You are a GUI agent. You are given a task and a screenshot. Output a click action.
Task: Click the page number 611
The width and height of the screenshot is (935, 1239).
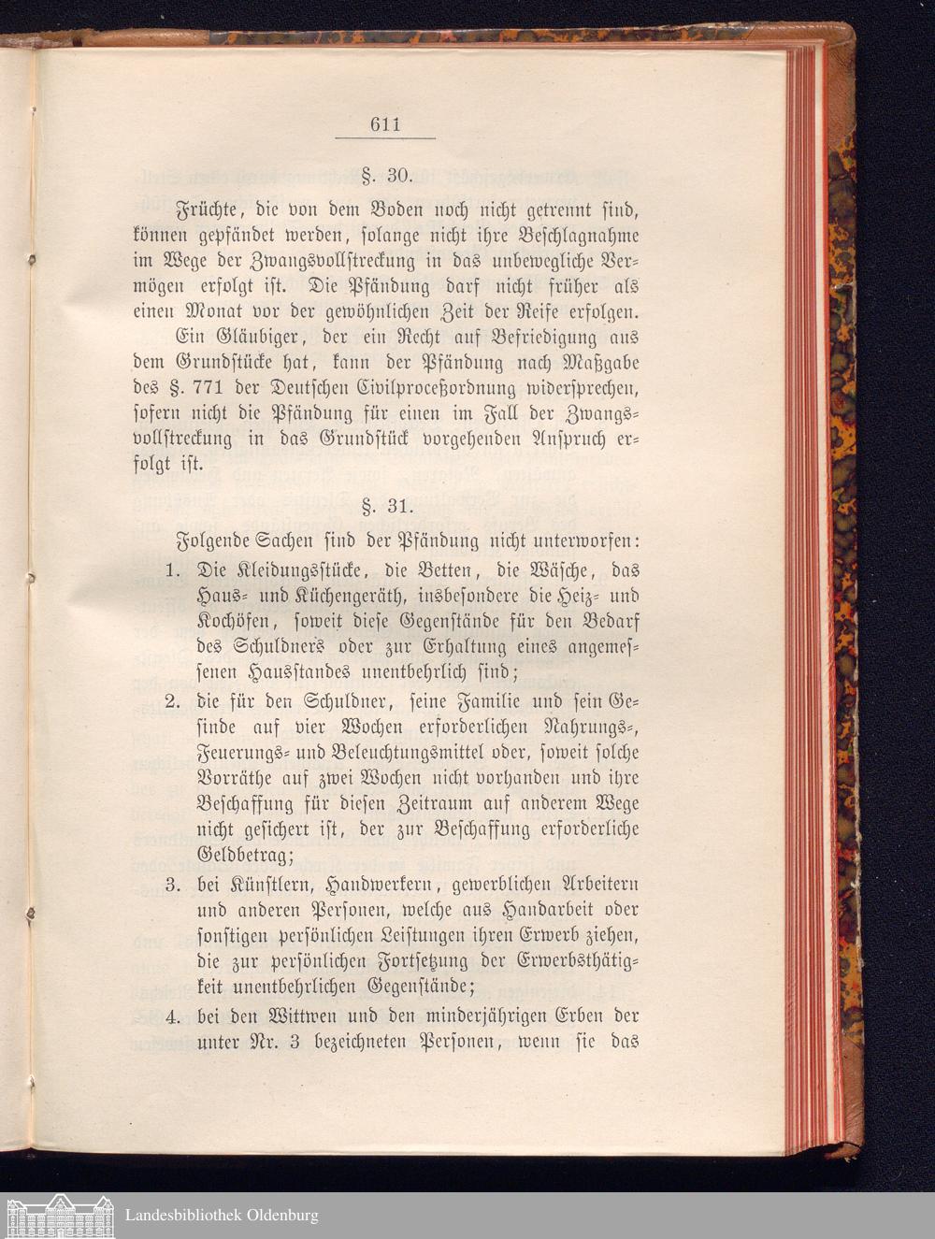click(385, 124)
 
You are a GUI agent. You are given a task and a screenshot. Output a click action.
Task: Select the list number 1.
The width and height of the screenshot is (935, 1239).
click(172, 570)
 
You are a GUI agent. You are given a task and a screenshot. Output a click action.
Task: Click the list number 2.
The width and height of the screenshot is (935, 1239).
click(172, 701)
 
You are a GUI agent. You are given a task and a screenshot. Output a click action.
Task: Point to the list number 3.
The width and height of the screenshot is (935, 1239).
click(172, 884)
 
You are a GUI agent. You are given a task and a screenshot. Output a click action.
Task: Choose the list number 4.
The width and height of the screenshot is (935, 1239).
click(172, 1016)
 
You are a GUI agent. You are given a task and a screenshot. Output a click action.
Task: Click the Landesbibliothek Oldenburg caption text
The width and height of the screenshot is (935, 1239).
click(222, 1216)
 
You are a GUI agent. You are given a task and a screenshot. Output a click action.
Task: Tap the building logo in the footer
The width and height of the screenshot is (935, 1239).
click(59, 1215)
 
